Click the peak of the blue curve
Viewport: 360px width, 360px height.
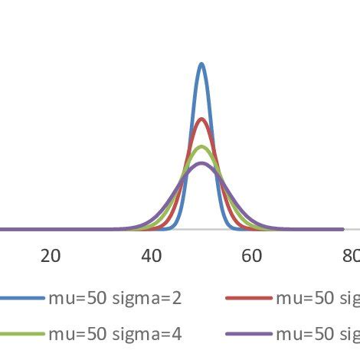tap(201, 64)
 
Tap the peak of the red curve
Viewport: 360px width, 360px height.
tap(201, 119)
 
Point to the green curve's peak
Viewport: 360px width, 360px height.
tap(201, 146)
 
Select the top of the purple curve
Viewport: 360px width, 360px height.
tap(201, 163)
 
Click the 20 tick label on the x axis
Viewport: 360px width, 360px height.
tap(51, 256)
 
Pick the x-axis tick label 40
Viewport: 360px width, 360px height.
tap(152, 256)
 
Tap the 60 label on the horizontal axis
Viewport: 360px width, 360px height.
tap(252, 256)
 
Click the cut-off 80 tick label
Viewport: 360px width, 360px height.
tap(352, 256)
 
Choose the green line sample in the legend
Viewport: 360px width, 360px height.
tap(20, 334)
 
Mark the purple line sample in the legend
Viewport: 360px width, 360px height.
tap(249, 334)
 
